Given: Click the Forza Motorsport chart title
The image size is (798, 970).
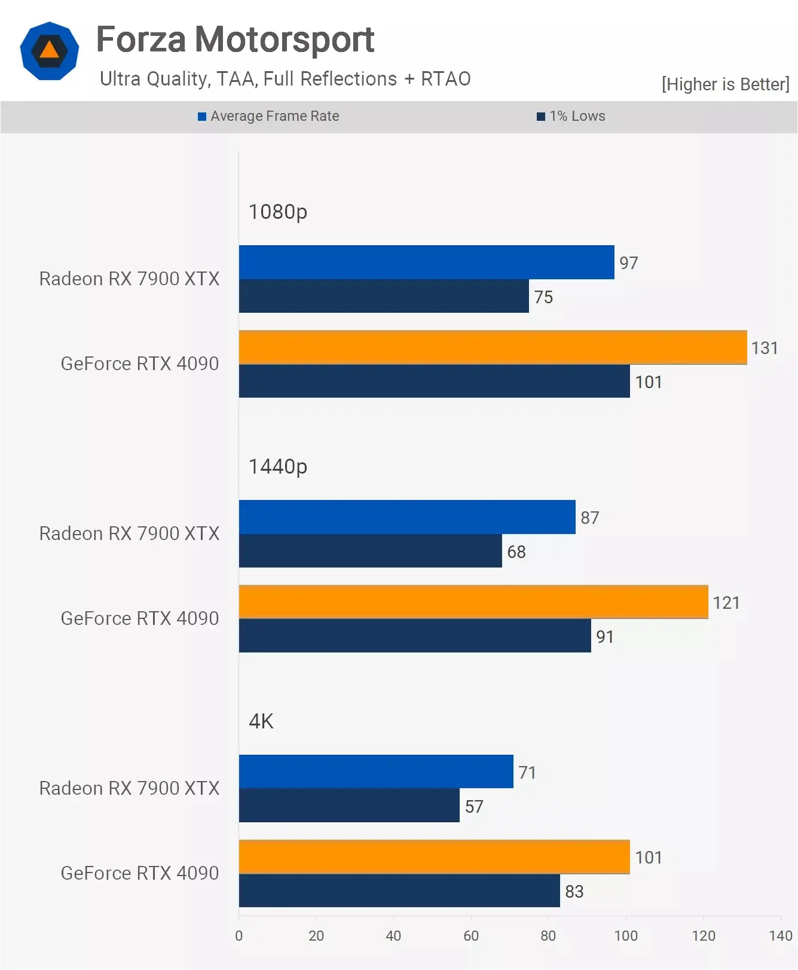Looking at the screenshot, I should tap(235, 39).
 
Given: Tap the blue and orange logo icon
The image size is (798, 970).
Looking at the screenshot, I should tap(49, 51).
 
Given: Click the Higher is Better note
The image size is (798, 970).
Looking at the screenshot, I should tap(725, 84).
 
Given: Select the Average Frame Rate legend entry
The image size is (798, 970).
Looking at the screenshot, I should tap(268, 116).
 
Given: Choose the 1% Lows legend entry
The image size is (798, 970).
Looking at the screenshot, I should tap(571, 116).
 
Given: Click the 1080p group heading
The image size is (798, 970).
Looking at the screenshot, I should tap(277, 212).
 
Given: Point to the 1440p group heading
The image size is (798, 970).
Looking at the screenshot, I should tap(277, 466).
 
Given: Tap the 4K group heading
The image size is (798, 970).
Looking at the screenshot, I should tap(261, 721).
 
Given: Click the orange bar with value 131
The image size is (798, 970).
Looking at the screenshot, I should tap(493, 347).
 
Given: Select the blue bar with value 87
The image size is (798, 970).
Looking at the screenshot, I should tap(407, 517).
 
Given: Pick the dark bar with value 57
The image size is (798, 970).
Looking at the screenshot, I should tap(349, 806).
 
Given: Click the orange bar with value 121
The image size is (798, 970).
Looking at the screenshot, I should tap(473, 602).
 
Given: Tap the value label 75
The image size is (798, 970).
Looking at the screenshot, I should tap(543, 297).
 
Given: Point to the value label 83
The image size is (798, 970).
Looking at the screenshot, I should tap(574, 892).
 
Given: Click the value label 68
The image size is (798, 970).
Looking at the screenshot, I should tap(516, 552).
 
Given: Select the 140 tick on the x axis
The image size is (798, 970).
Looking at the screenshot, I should tap(780, 936).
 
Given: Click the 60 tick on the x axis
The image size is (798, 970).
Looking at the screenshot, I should tap(471, 936).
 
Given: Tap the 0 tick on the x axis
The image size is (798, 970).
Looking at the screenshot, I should tap(239, 936).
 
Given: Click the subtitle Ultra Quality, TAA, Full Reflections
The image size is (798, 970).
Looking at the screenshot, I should tap(285, 79).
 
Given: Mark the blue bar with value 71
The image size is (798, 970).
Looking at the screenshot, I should tap(376, 771).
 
